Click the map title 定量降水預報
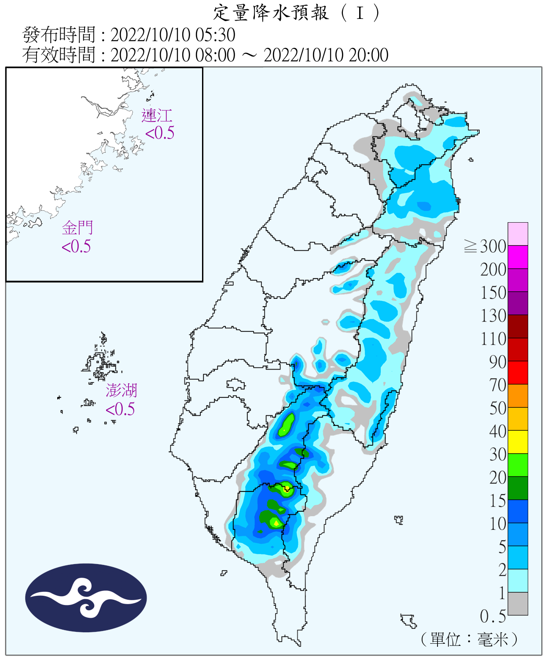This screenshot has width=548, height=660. (271, 13)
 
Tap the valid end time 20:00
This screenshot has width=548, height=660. (368, 55)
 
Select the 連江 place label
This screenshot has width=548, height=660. (157, 116)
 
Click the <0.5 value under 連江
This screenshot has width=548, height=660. (160, 133)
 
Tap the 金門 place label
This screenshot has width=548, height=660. (77, 228)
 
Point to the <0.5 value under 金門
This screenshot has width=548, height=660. (76, 246)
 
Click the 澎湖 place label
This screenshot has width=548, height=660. (121, 391)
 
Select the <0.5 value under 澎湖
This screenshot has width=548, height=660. (120, 409)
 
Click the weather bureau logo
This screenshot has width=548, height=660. (86, 598)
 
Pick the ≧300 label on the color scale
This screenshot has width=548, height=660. (485, 246)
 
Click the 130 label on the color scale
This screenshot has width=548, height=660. (493, 316)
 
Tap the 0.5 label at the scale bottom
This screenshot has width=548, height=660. (493, 616)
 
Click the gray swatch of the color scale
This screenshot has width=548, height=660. (518, 604)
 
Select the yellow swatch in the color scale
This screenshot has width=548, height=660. (518, 442)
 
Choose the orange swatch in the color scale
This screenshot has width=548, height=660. (518, 396)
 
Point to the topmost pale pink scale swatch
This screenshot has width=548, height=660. (518, 234)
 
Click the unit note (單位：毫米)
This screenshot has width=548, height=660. (469, 639)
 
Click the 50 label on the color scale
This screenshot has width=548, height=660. (498, 408)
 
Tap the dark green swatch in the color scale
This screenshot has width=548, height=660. (518, 488)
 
